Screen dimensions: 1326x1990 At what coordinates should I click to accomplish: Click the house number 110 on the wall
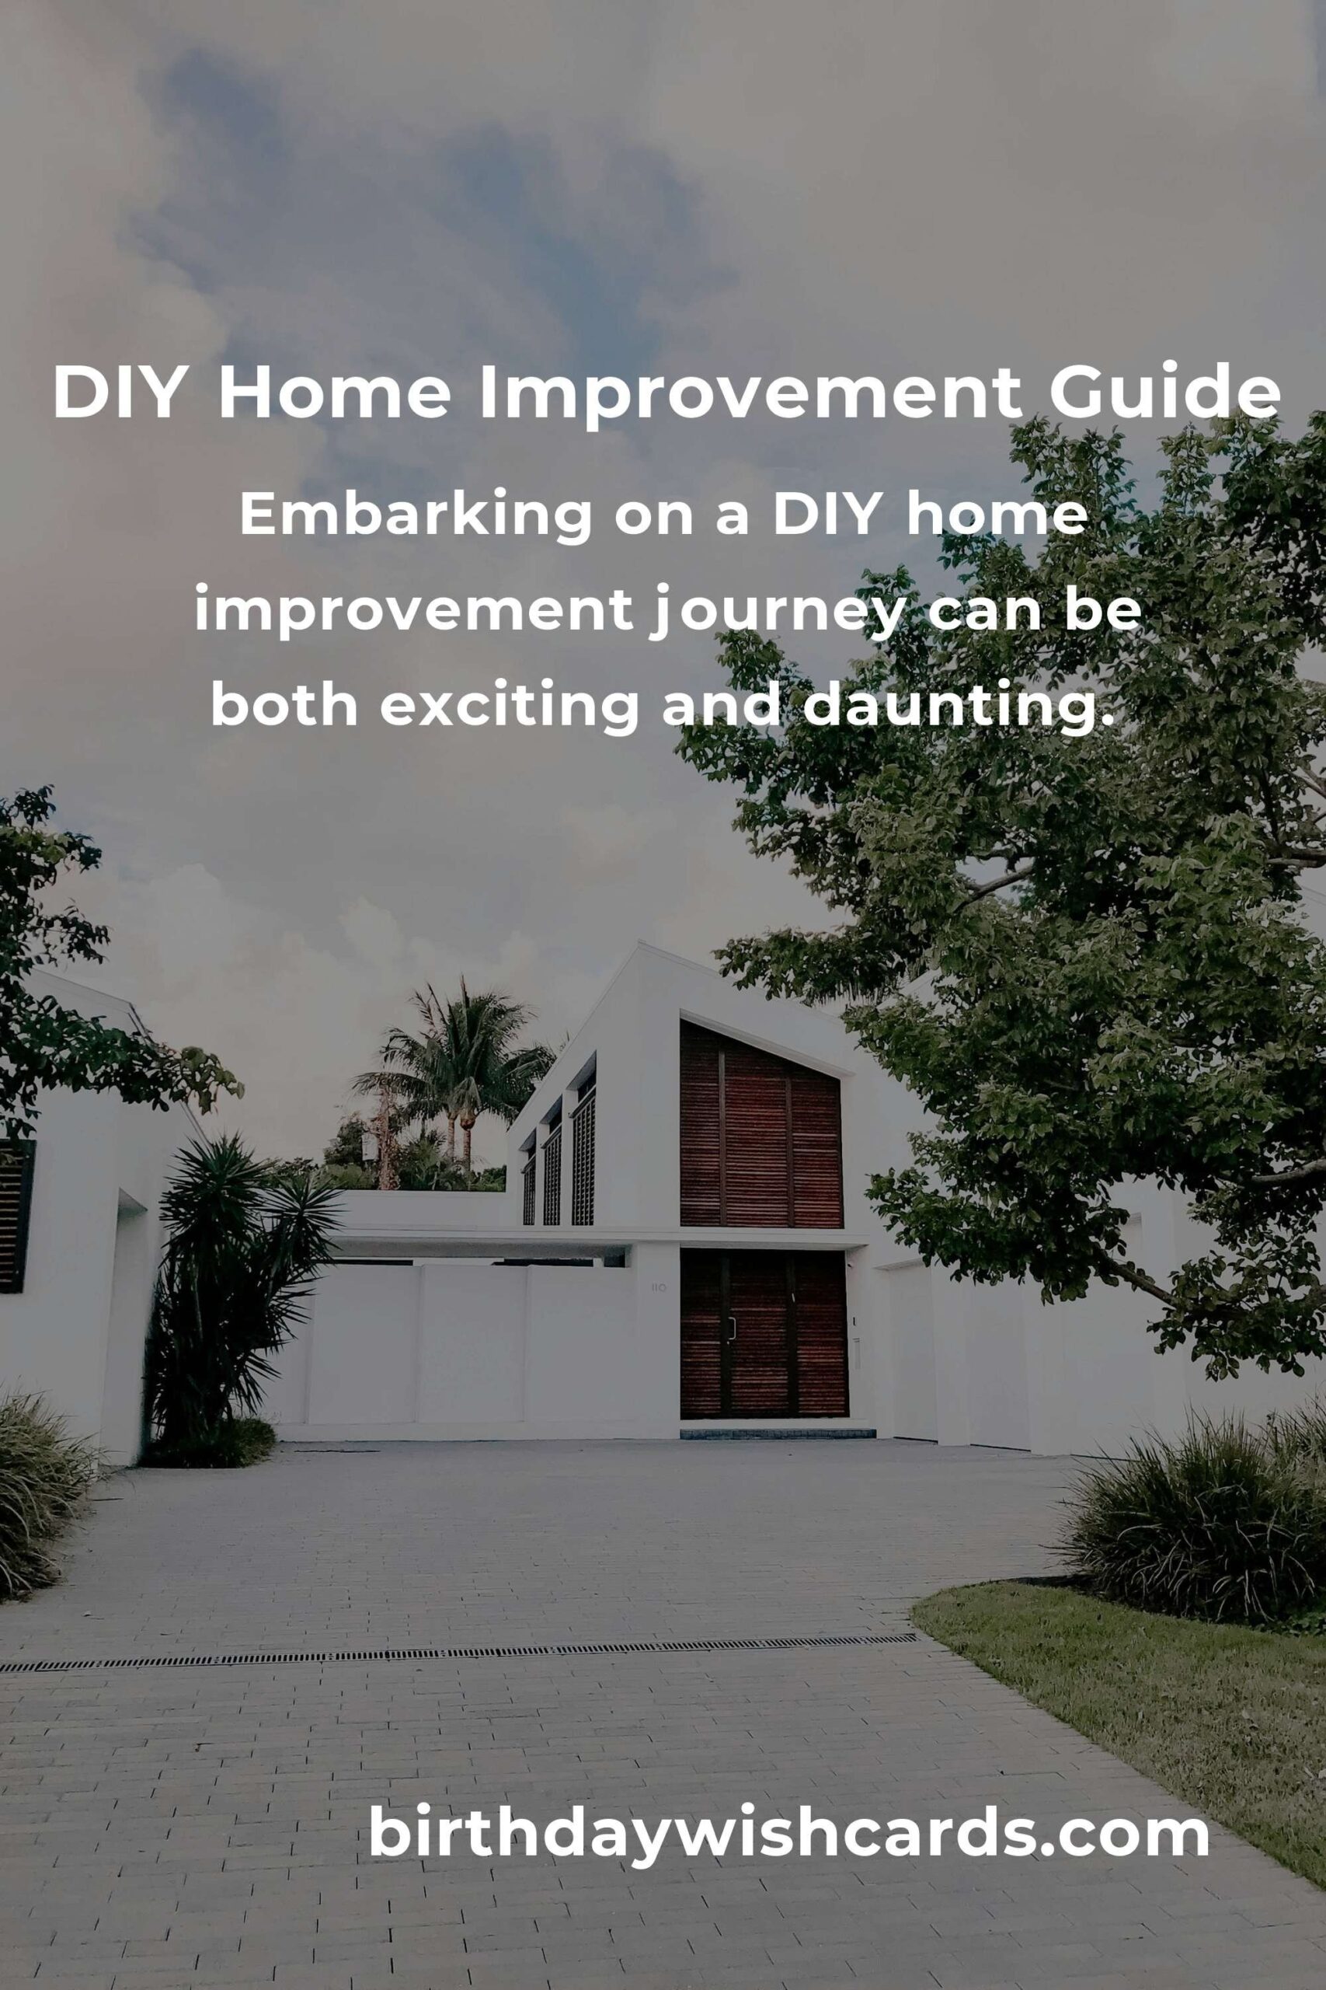658,1288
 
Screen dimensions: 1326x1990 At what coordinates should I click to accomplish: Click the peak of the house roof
641,943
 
